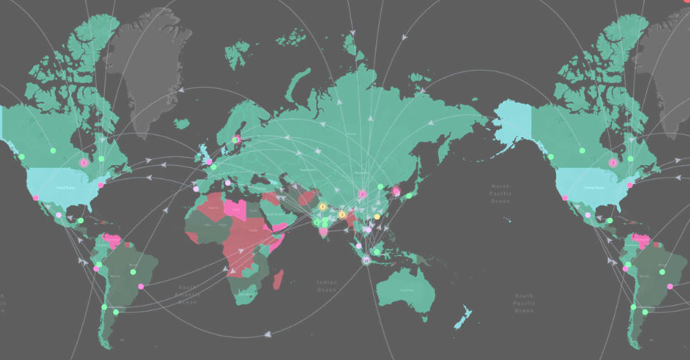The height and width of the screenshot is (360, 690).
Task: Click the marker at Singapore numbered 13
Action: pos(366,260)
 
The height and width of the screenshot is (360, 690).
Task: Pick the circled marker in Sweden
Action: pos(237,139)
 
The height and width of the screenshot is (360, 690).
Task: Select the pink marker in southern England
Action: pos(209,161)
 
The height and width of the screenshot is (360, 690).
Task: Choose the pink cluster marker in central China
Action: pos(362,194)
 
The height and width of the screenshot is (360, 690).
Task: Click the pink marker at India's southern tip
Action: pos(323,234)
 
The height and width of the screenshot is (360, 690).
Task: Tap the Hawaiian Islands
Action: pos(506,219)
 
